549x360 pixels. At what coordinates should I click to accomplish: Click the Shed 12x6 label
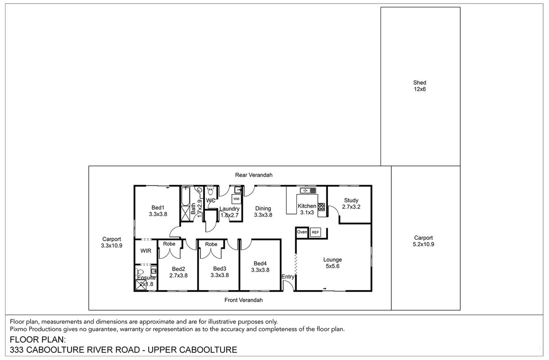click(x=420, y=86)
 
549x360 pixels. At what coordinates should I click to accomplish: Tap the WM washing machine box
click(x=236, y=199)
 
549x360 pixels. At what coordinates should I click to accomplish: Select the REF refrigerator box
click(x=315, y=232)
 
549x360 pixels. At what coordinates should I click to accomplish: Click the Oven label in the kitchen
click(x=302, y=232)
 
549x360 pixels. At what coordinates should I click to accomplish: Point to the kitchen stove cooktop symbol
click(x=321, y=207)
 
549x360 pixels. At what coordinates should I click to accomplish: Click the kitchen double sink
click(x=308, y=190)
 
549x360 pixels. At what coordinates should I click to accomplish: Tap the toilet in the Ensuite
click(x=140, y=272)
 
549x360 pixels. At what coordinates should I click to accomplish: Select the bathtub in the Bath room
click(x=186, y=196)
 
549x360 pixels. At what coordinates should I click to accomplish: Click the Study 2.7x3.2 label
click(x=351, y=203)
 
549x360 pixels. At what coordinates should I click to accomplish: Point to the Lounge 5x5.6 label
click(x=332, y=263)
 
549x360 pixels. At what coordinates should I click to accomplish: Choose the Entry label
click(x=288, y=276)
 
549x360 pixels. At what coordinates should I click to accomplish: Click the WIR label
click(x=146, y=251)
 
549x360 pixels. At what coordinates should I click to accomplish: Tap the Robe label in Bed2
click(x=169, y=244)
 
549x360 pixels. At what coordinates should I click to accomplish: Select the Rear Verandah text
click(x=254, y=175)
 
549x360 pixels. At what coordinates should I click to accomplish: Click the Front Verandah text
click(x=244, y=300)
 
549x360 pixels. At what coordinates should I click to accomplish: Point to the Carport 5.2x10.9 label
click(x=423, y=241)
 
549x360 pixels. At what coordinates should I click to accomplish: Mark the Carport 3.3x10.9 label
click(x=112, y=242)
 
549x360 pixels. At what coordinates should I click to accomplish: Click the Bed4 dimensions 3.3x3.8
click(x=260, y=270)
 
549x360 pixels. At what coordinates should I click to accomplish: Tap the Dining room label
click(x=263, y=208)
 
